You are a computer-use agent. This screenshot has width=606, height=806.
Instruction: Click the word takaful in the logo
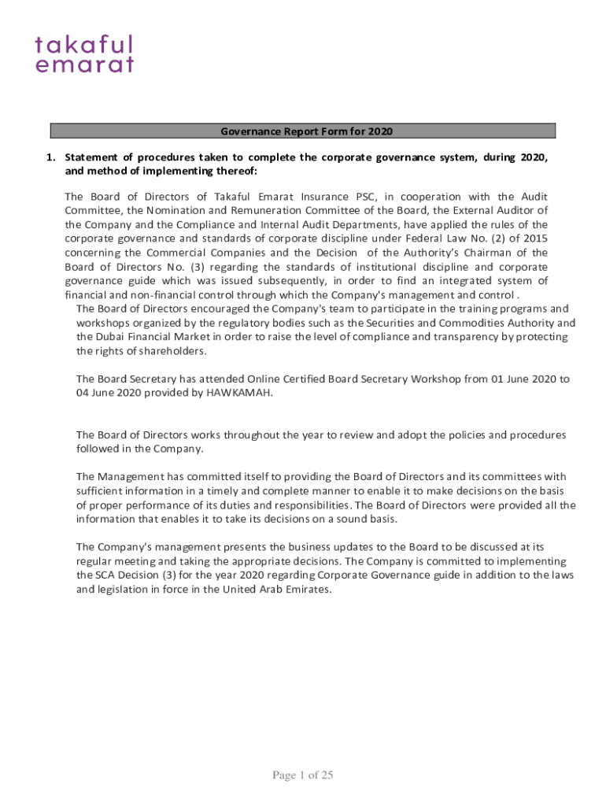tap(84, 44)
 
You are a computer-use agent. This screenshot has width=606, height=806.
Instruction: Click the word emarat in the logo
tap(84, 65)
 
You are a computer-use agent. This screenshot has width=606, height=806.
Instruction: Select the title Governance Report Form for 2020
tap(306, 131)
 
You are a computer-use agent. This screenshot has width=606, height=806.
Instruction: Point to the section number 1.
tap(50, 157)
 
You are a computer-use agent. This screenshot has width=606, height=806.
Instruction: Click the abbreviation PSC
tap(345, 196)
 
